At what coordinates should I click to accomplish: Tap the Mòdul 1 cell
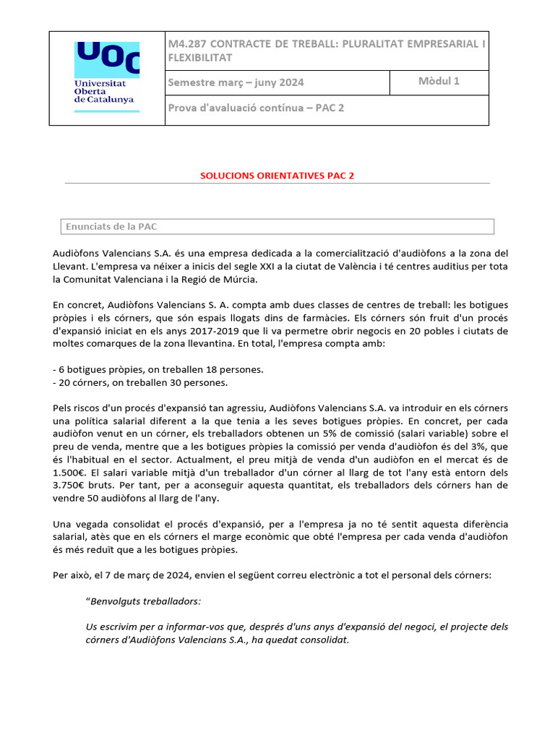click(x=439, y=81)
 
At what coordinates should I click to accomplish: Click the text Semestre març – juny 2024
click(x=236, y=82)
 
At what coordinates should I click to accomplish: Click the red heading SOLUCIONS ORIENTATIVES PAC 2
click(x=277, y=176)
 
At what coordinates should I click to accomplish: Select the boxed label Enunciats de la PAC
click(x=111, y=227)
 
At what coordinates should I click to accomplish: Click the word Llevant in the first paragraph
click(x=71, y=266)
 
